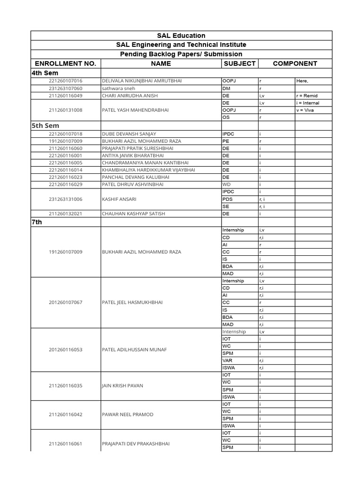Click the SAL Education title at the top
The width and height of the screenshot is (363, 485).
pyautogui.click(x=181, y=36)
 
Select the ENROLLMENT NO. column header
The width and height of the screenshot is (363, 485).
pyautogui.click(x=65, y=63)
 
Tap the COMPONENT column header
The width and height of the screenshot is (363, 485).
pyautogui.click(x=295, y=63)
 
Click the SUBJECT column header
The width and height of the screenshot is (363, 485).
pyautogui.click(x=240, y=63)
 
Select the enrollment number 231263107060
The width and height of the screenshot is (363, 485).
pyautogui.click(x=65, y=89)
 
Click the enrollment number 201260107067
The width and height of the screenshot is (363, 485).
pyautogui.click(x=65, y=302)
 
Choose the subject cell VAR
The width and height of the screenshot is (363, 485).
pyautogui.click(x=227, y=360)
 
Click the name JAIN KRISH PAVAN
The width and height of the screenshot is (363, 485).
pyautogui.click(x=122, y=386)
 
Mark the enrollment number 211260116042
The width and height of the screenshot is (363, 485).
pyautogui.click(x=65, y=415)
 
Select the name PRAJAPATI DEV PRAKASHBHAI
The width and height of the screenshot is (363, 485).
pyautogui.click(x=136, y=444)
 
